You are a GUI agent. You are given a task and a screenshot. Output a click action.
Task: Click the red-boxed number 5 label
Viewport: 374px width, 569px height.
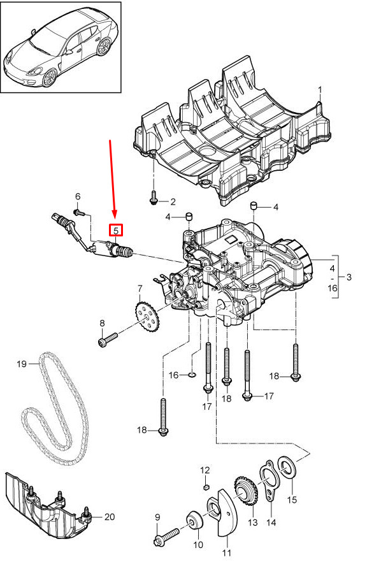(117, 230)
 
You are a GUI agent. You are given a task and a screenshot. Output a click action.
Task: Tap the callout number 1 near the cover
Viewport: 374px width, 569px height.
(320, 89)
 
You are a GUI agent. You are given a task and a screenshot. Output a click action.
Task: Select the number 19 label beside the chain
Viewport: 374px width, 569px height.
(22, 363)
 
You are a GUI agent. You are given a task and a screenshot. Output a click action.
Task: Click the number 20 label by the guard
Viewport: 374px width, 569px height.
(110, 516)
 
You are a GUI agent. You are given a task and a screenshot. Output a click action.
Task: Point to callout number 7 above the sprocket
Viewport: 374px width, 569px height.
(140, 289)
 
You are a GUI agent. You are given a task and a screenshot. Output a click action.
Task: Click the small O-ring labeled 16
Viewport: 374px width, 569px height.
(192, 373)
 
